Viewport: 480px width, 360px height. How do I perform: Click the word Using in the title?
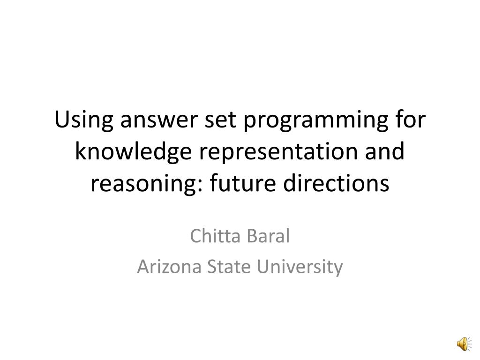click(85, 121)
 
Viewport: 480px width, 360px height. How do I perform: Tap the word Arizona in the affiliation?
click(167, 267)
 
